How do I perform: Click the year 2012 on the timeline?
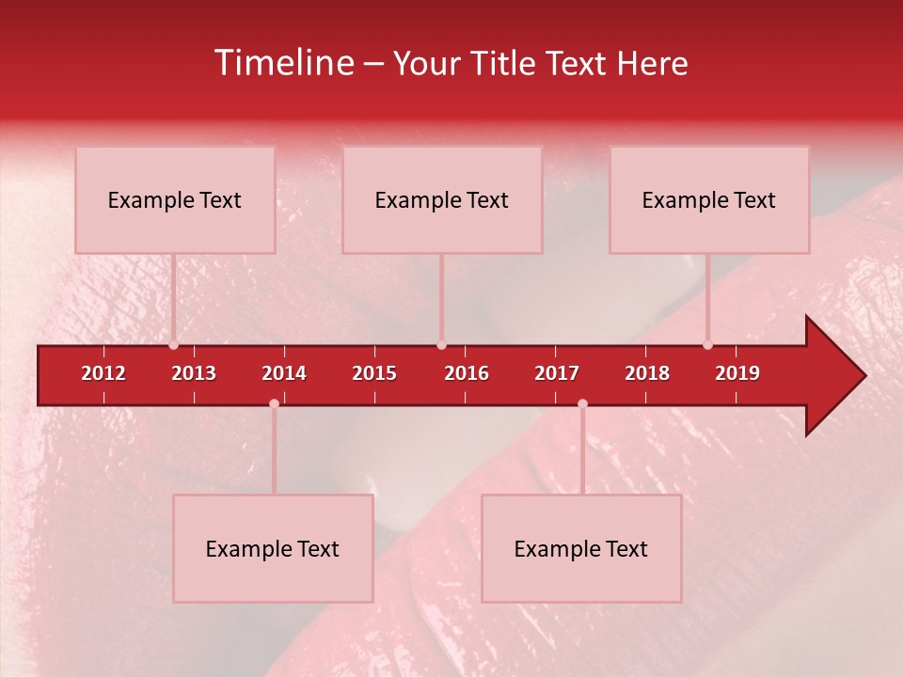(103, 373)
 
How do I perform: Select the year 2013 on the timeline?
(194, 373)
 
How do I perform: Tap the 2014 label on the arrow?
(284, 373)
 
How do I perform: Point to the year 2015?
(374, 373)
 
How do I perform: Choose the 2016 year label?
(467, 373)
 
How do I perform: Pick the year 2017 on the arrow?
(557, 373)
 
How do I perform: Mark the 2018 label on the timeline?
(647, 373)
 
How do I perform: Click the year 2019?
(737, 373)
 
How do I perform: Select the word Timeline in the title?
(283, 63)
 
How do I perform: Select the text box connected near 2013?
(175, 200)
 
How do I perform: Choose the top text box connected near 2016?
(442, 200)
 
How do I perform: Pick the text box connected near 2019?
(709, 200)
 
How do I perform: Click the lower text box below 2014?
(273, 549)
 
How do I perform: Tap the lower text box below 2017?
(581, 549)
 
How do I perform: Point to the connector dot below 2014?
(274, 404)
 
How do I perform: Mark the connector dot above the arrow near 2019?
(707, 345)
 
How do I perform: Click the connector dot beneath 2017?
(582, 404)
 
